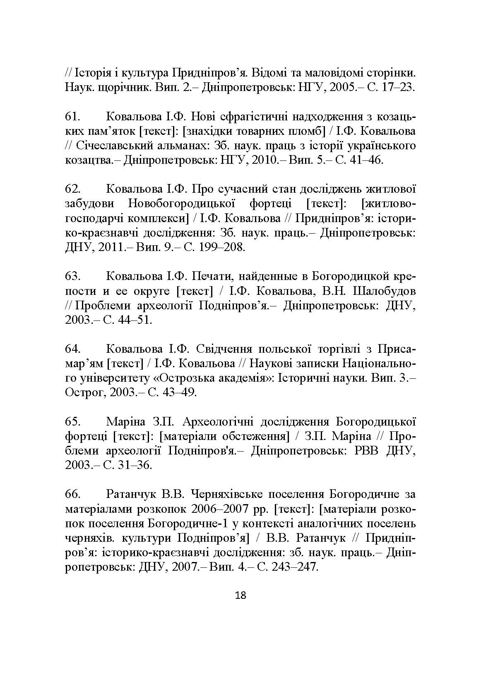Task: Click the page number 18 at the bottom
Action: (x=240, y=596)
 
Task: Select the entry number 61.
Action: (x=73, y=117)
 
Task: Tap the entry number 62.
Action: (x=73, y=189)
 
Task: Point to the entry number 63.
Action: (x=73, y=276)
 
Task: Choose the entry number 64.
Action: (x=73, y=349)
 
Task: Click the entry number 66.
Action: (x=73, y=494)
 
